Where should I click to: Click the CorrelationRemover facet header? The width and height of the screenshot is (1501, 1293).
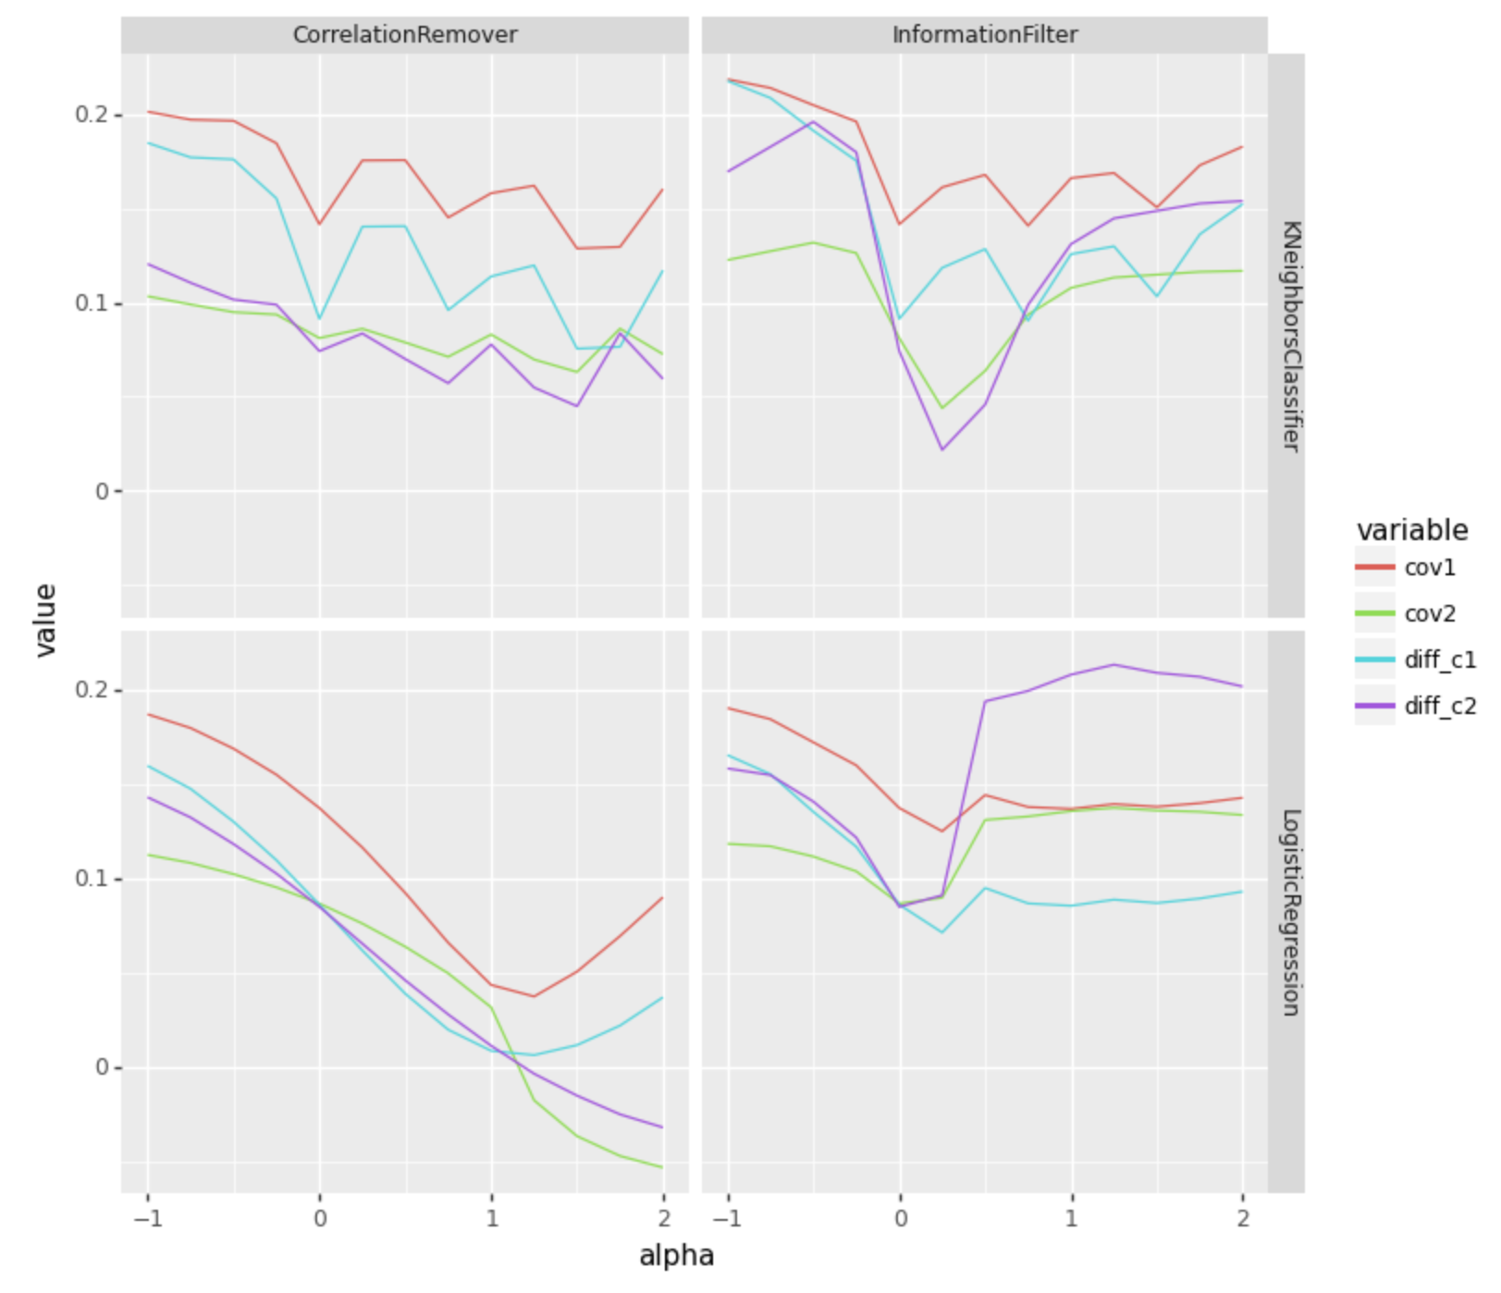tap(404, 35)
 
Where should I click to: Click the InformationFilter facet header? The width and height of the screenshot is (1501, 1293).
tap(984, 35)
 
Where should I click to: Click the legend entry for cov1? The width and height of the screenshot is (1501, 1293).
tap(1429, 568)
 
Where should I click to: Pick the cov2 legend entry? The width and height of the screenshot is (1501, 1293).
tap(1429, 614)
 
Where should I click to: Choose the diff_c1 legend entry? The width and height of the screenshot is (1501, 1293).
tap(1439, 659)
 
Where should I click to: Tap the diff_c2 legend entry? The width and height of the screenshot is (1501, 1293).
tap(1439, 707)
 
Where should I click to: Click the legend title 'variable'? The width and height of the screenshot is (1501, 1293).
tap(1411, 530)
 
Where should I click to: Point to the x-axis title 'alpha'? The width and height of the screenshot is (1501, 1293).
tap(676, 1256)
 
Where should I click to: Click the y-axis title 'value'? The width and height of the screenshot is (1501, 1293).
tap(44, 621)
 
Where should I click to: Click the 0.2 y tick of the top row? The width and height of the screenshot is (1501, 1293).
tap(92, 115)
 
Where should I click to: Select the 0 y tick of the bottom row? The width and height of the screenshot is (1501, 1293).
tap(102, 1067)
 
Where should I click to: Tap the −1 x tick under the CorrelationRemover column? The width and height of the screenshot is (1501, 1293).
tap(148, 1218)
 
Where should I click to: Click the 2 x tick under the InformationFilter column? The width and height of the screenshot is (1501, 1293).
tap(1242, 1218)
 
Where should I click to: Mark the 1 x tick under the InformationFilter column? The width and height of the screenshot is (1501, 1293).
tap(1071, 1218)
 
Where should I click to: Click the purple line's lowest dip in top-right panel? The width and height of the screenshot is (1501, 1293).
tap(942, 449)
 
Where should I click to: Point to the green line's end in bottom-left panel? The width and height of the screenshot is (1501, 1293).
tap(662, 1167)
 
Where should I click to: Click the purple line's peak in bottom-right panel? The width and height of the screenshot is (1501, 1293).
tap(1113, 664)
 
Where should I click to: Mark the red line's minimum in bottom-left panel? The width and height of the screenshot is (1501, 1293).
tap(534, 996)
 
